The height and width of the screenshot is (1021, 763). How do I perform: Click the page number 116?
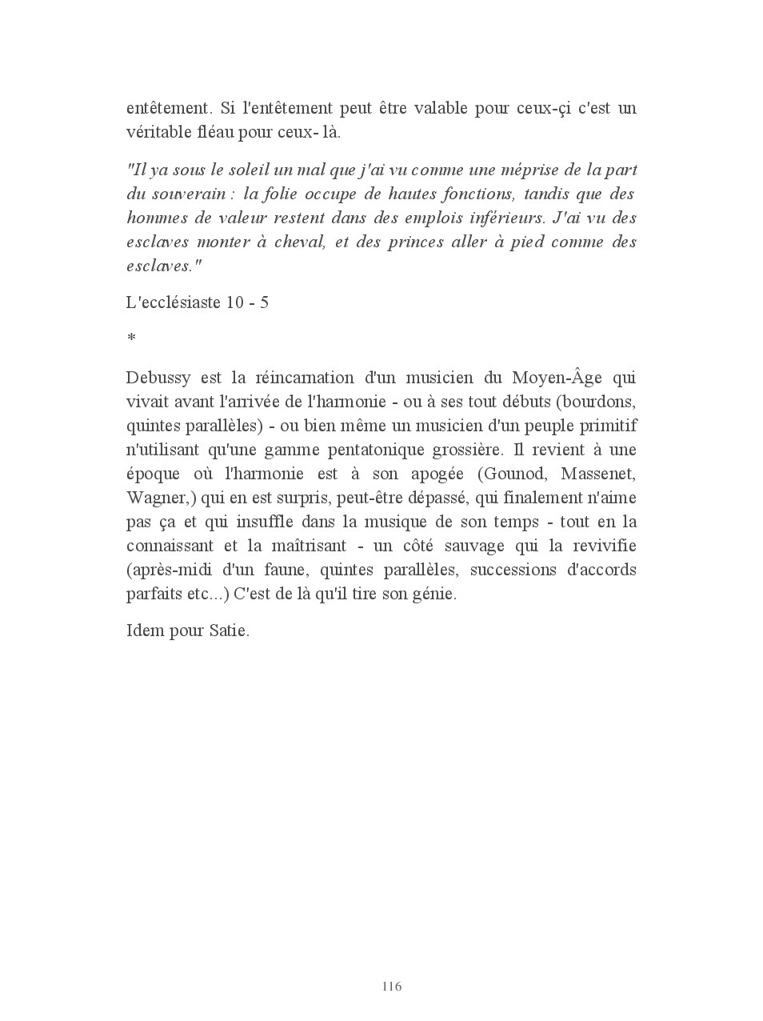click(x=391, y=986)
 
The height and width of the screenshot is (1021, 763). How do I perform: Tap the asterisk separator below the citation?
click(x=131, y=339)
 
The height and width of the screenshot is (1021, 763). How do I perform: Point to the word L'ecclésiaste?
click(x=173, y=303)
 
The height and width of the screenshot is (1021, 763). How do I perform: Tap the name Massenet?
click(x=597, y=474)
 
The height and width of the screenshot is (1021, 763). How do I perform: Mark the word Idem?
click(x=144, y=631)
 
